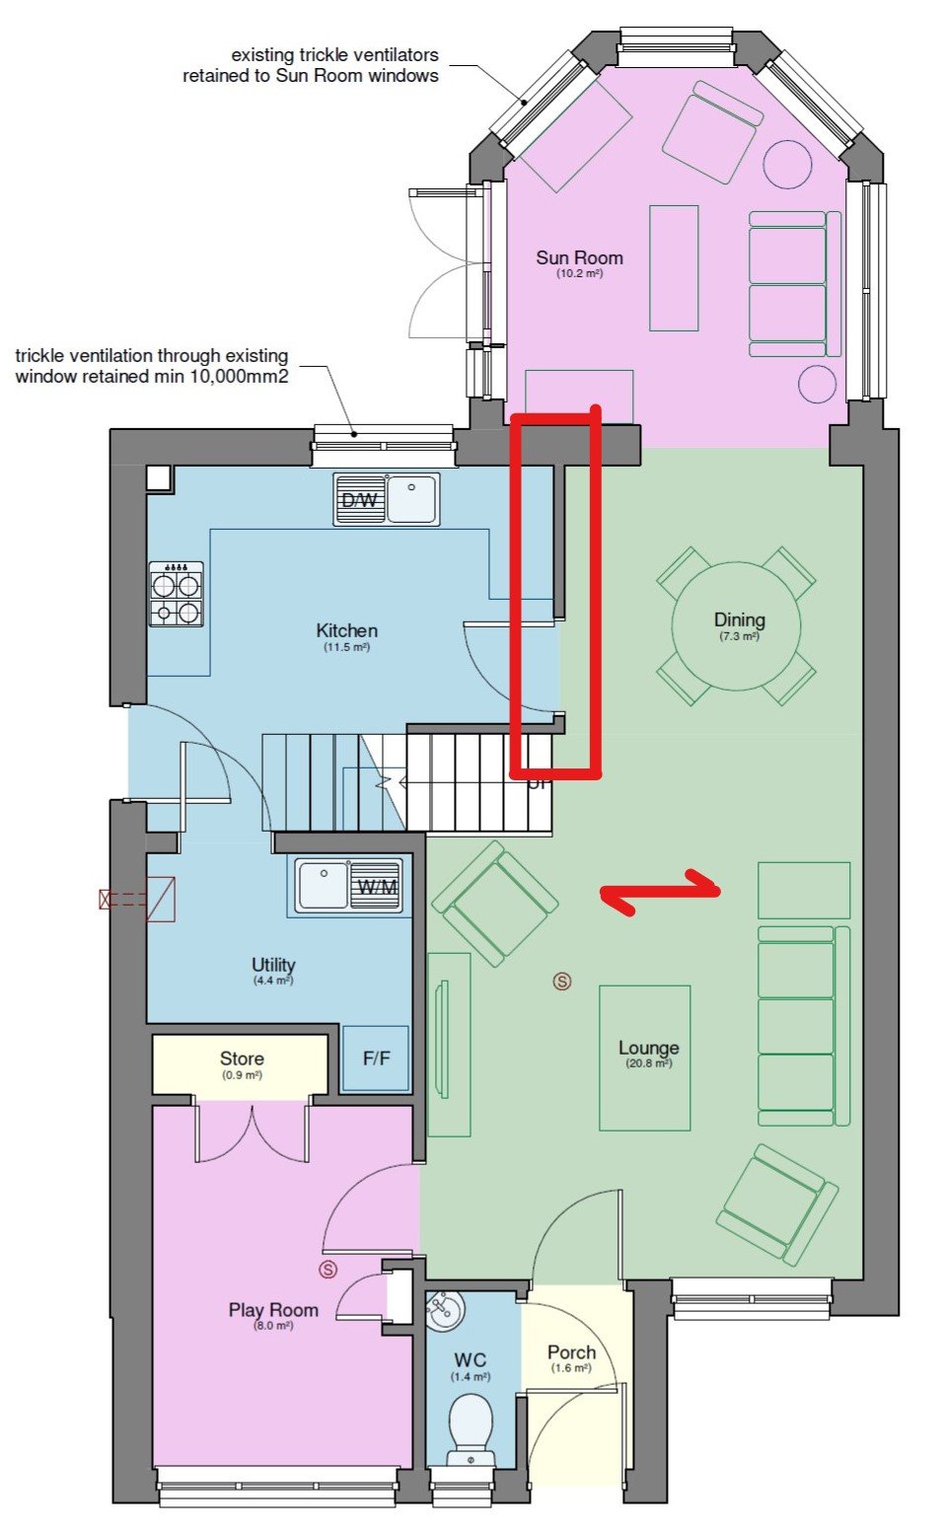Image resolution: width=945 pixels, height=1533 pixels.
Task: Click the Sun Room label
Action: coord(579,258)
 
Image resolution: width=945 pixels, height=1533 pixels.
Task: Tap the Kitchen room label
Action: coord(346,630)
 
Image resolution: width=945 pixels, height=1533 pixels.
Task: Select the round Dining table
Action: coord(736,625)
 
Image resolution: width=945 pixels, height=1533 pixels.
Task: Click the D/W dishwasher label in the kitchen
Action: coord(359,500)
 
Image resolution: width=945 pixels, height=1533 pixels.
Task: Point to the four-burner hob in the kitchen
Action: coord(177,594)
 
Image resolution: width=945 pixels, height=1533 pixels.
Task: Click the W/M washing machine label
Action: coord(377,887)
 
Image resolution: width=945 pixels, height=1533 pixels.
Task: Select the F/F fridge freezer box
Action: coord(376,1058)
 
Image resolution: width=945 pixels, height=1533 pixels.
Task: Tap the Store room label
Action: coord(242,1058)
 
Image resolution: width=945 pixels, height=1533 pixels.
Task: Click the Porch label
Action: coord(571,1352)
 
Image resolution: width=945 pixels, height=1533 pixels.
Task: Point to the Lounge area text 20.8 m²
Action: coord(648,1063)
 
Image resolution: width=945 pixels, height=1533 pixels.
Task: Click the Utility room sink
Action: coord(322,884)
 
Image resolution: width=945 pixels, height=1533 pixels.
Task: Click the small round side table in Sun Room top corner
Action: coord(787,164)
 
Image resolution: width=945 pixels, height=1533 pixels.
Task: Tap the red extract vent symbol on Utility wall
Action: coord(138,899)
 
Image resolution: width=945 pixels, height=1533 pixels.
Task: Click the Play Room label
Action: coord(273,1310)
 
